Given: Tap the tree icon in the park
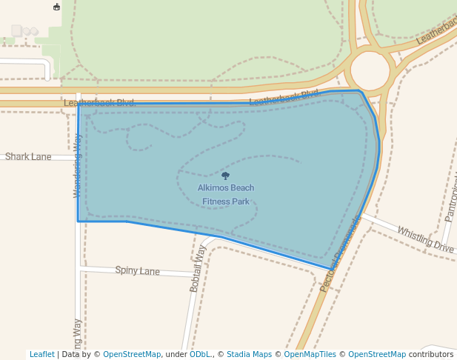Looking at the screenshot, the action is click(226, 176).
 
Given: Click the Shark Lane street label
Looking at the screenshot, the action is click(28, 157).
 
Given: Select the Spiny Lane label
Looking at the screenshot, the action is click(138, 271).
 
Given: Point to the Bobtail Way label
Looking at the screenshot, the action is click(197, 268).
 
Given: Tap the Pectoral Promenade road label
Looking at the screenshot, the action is click(340, 253).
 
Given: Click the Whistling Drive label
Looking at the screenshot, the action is click(425, 239).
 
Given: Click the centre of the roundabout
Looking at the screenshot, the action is click(370, 70).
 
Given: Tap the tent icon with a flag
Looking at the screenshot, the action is click(57, 7).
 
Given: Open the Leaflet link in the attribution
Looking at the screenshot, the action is click(41, 355).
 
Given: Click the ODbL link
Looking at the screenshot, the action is click(200, 355).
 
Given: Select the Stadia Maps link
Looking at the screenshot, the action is click(249, 355).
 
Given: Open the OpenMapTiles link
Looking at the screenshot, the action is click(307, 355).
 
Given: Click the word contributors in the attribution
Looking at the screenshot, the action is click(430, 355).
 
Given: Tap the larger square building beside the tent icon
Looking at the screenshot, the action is click(17, 30).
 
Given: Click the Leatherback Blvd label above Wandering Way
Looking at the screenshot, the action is click(99, 103).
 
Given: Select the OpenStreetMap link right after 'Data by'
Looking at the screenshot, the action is click(132, 355).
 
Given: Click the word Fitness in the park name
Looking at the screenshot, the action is click(215, 201).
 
